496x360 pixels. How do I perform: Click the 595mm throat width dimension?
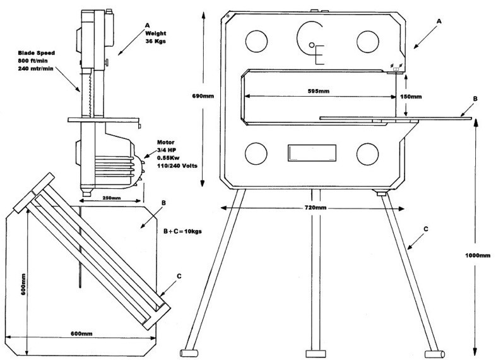pos(318,91)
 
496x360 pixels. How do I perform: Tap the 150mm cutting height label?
pos(411,97)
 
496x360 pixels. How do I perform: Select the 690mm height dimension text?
pos(203,96)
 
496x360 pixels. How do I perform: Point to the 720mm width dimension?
pos(316,208)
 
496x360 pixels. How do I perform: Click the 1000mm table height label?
pos(478,256)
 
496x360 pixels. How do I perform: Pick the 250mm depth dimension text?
pos(111,198)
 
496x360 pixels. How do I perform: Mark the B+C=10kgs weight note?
pos(182,231)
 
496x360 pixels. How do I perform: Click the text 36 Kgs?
pos(156,41)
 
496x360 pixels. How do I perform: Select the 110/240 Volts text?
pos(177,165)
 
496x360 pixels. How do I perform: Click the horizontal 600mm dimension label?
pos(81,333)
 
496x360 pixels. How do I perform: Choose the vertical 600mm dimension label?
pos(23,284)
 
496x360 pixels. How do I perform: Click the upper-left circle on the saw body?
pos(256,41)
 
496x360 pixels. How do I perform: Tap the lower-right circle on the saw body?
pos(367,154)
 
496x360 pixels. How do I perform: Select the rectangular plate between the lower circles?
pos(312,153)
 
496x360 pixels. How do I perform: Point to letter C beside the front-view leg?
pos(426,229)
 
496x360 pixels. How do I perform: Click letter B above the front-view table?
pos(475,99)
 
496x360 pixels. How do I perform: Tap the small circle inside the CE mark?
pos(312,45)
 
